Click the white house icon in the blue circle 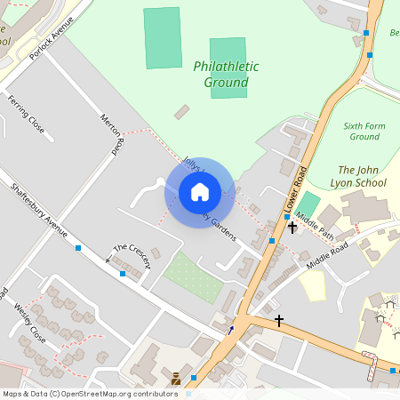(200, 192)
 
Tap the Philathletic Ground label (226, 75)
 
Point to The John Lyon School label (362, 176)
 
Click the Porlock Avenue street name (48, 41)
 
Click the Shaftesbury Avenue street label (39, 211)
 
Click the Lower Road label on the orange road (295, 188)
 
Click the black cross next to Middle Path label (292, 227)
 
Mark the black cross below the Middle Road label (279, 320)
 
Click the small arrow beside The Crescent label (108, 259)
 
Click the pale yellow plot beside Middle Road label (312, 285)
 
